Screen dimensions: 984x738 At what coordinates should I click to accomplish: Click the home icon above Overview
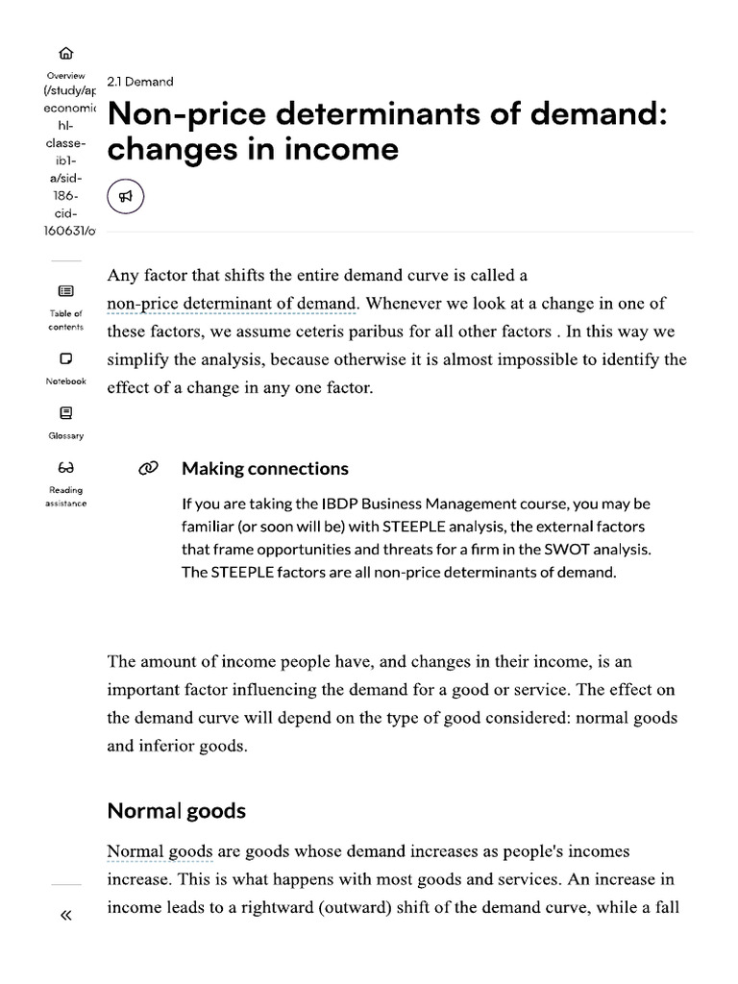[65, 54]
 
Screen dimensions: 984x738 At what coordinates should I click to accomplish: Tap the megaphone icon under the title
[125, 197]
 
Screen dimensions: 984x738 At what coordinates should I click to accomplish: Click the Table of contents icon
[65, 291]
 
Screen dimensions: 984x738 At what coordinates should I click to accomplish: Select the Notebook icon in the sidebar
[65, 358]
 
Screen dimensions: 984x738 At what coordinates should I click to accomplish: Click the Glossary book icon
[65, 413]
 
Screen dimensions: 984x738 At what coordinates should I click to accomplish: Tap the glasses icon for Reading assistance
[65, 468]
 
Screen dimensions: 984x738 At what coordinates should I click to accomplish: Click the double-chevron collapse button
[65, 915]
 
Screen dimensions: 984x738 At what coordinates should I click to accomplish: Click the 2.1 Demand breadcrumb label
[140, 82]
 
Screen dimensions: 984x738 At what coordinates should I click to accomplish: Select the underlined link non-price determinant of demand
[231, 304]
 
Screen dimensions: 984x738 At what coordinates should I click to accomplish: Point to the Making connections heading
[264, 469]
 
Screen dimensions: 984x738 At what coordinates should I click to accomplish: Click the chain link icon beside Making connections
[147, 469]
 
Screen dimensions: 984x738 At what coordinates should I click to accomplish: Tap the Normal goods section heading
[176, 810]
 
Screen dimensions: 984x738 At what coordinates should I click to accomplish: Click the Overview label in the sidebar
[65, 75]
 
